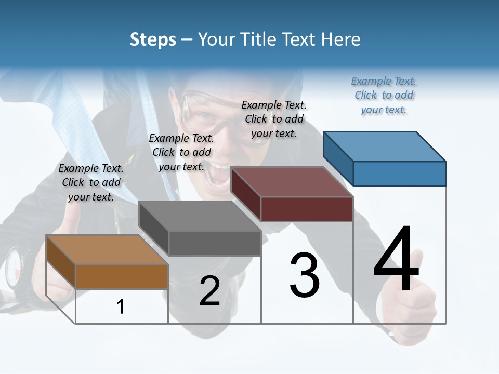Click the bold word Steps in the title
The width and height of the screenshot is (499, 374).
tap(153, 39)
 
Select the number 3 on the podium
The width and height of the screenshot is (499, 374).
tap(304, 275)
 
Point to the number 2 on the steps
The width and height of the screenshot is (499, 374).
tap(209, 291)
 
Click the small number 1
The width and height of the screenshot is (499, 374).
tap(121, 306)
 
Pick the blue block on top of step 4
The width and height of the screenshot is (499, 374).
tap(385, 158)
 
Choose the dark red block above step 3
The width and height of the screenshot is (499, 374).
tap(292, 194)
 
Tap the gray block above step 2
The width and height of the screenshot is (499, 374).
tap(200, 229)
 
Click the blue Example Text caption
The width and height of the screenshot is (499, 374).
tap(384, 95)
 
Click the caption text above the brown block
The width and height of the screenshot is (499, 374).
tap(91, 182)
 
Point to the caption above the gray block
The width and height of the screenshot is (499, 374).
tap(181, 152)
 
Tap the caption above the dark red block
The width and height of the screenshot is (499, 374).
tap(274, 119)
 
